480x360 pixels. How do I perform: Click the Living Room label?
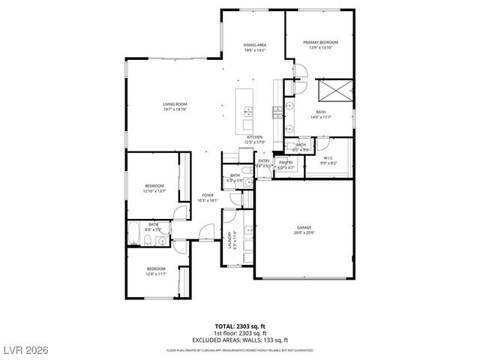click(x=175, y=104)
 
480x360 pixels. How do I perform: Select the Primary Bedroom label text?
click(x=320, y=42)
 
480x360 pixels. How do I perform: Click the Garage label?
click(x=303, y=227)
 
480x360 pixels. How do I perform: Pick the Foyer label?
click(x=207, y=195)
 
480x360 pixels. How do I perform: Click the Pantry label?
click(x=286, y=162)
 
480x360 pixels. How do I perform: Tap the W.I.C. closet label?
click(x=328, y=157)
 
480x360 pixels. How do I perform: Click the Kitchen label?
click(x=255, y=137)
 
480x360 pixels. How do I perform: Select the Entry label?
click(x=264, y=160)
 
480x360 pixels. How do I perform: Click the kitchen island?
click(x=245, y=111)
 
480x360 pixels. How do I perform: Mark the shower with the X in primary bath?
click(x=332, y=92)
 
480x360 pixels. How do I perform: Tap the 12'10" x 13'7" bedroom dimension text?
click(x=154, y=190)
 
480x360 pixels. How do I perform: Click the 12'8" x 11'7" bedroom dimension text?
click(x=155, y=274)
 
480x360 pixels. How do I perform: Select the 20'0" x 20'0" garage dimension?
click(x=303, y=232)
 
